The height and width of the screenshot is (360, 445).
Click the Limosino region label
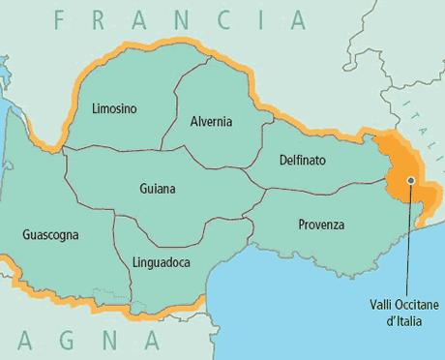(114, 108)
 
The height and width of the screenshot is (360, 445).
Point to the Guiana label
(158, 189)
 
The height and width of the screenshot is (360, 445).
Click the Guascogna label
(50, 234)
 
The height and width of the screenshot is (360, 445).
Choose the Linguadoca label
(161, 262)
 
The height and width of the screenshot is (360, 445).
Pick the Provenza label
(321, 225)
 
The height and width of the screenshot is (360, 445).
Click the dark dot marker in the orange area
(411, 180)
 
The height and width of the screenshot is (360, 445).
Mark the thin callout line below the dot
(411, 242)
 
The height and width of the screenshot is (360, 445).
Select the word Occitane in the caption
(401, 304)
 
